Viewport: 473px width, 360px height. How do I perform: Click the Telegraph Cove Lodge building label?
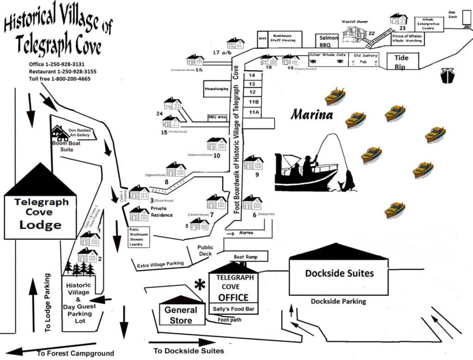[x=41, y=214]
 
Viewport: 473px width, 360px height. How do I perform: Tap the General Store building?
[x=181, y=315]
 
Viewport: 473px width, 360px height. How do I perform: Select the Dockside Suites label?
[x=339, y=273]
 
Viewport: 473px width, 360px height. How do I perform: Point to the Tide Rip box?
[x=401, y=61]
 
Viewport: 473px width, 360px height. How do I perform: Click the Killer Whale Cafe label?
[x=328, y=55]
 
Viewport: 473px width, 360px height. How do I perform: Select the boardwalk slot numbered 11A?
[x=254, y=112]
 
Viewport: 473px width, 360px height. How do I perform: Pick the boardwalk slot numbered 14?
[x=252, y=75]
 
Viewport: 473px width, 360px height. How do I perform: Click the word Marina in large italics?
[x=312, y=114]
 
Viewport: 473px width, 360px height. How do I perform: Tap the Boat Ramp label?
[x=245, y=257]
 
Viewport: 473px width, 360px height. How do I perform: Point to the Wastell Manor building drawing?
[x=354, y=35]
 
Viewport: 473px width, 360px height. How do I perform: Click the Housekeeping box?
[x=217, y=89]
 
